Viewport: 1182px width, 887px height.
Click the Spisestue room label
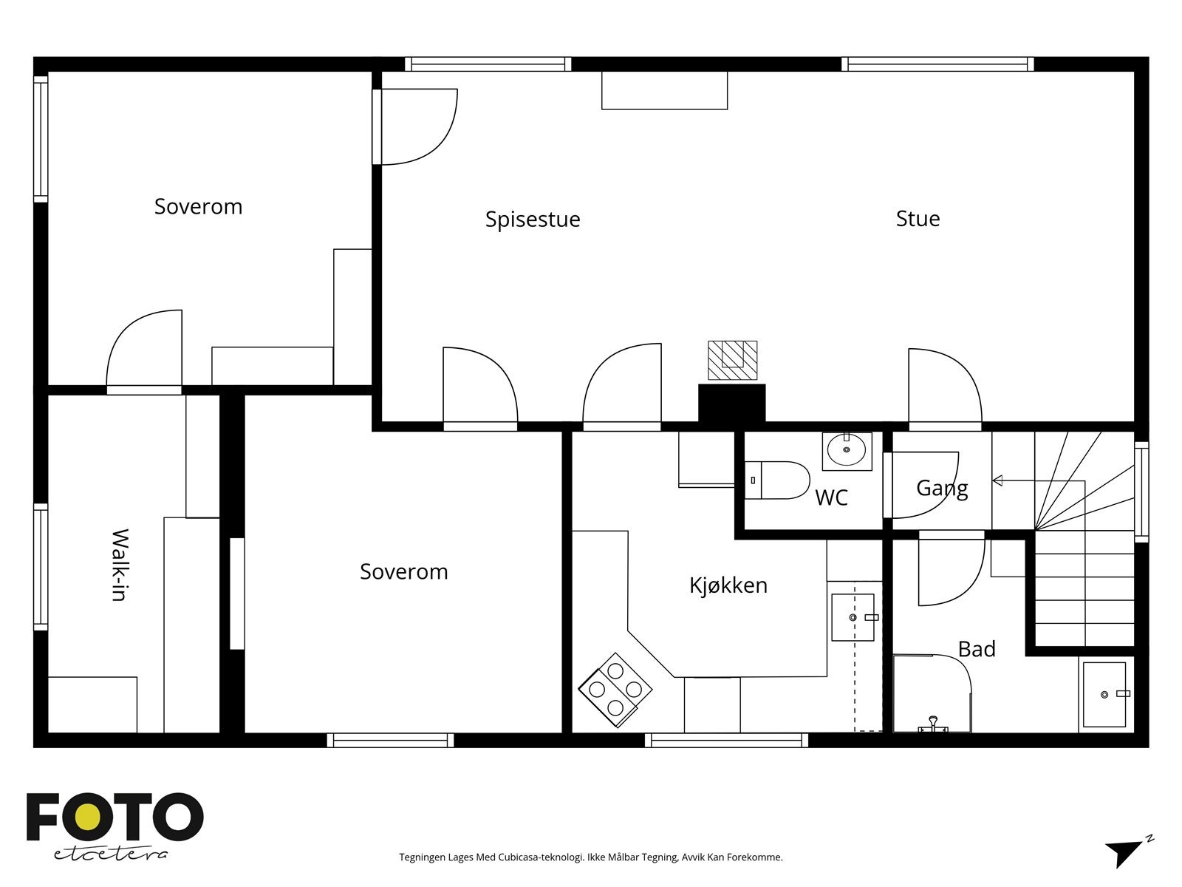tap(533, 220)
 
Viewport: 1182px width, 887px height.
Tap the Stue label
tap(918, 219)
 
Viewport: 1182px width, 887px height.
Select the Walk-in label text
tap(120, 565)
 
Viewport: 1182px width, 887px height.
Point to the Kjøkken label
tap(728, 585)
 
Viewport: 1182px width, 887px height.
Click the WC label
tap(831, 497)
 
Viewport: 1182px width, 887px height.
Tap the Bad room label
tap(977, 649)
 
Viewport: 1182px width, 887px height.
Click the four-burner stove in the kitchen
tap(615, 690)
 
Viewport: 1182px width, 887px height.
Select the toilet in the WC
tap(777, 480)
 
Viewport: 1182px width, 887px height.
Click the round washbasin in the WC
tap(847, 451)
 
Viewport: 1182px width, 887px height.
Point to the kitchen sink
tap(853, 617)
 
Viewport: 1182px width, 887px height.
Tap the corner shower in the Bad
tap(932, 693)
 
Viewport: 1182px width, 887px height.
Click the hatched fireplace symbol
tap(732, 360)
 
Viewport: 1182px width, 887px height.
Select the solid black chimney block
tap(732, 404)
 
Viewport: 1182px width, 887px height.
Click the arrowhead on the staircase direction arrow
tap(997, 480)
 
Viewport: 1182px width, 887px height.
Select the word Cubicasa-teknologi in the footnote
tap(542, 857)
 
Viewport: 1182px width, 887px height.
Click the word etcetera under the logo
tap(110, 854)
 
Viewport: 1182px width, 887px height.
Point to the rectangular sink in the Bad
tap(1104, 695)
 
